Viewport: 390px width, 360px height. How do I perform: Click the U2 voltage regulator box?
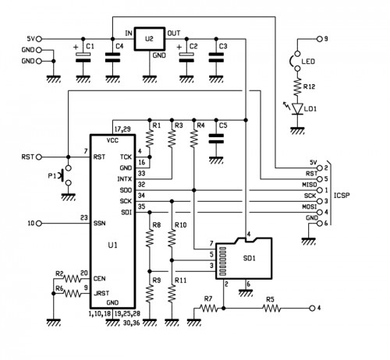pos(150,39)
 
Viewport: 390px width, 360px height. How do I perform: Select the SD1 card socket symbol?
pos(244,258)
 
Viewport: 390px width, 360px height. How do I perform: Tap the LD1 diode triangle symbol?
pos(297,108)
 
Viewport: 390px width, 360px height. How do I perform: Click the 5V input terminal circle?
pos(39,39)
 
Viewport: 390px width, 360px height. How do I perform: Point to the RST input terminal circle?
pos(39,157)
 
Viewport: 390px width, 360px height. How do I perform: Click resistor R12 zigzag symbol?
pos(297,86)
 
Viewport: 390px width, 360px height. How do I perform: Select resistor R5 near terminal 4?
pos(271,309)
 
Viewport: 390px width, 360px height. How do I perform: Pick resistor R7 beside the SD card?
pos(209,309)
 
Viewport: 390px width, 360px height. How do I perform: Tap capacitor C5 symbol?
pos(216,139)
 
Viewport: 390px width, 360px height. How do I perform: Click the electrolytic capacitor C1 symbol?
pos(83,57)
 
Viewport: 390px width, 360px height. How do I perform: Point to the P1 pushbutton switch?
pos(66,175)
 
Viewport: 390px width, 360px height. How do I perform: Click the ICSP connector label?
pos(342,196)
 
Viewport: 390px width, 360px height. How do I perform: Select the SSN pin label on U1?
pos(99,223)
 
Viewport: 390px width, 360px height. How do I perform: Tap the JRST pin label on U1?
pos(101,293)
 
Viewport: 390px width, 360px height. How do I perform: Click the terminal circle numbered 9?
pos(320,39)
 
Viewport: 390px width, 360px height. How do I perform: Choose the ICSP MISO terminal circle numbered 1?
pos(320,190)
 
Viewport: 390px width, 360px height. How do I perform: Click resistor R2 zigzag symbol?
pos(73,279)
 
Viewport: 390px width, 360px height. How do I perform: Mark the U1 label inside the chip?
pos(112,245)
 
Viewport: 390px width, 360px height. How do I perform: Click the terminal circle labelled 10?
pos(39,223)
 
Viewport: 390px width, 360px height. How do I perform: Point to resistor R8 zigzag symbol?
pos(150,238)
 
